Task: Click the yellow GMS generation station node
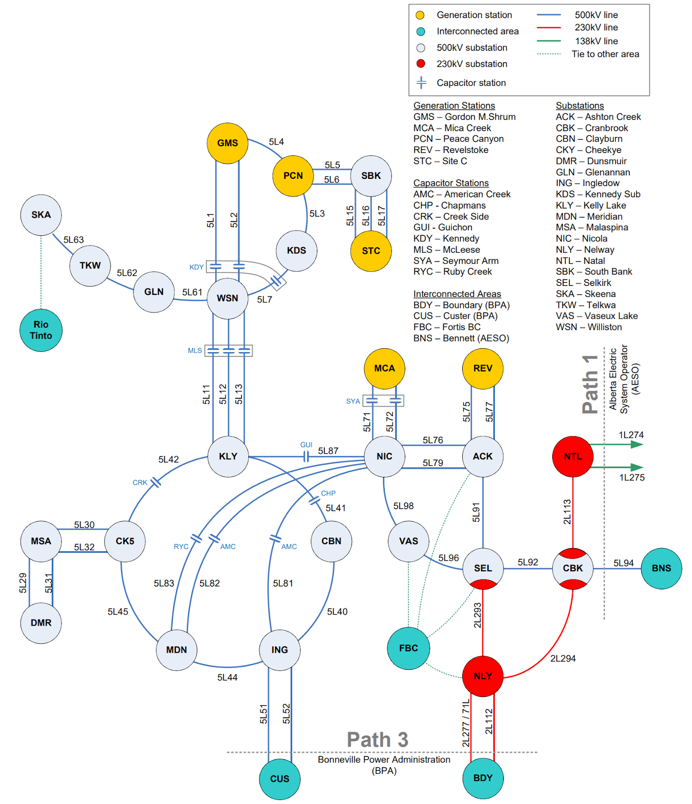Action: (227, 143)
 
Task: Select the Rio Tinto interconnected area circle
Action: (41, 330)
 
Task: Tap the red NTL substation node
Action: (572, 456)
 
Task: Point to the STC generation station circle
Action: (371, 251)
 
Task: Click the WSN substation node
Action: (227, 298)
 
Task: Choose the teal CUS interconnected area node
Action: (280, 779)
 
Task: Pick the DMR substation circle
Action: (41, 623)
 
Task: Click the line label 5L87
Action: (328, 451)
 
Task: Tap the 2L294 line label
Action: (563, 658)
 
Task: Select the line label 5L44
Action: (227, 677)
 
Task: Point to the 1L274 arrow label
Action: (631, 435)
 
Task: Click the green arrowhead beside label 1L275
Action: (637, 467)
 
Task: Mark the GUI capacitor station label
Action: (306, 445)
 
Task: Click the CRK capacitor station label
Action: (140, 482)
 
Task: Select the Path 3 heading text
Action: (377, 740)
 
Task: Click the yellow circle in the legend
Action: (420, 15)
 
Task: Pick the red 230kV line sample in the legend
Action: (548, 28)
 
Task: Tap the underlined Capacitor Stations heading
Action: (451, 183)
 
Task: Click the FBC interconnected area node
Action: (408, 648)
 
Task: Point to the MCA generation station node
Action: (384, 368)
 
